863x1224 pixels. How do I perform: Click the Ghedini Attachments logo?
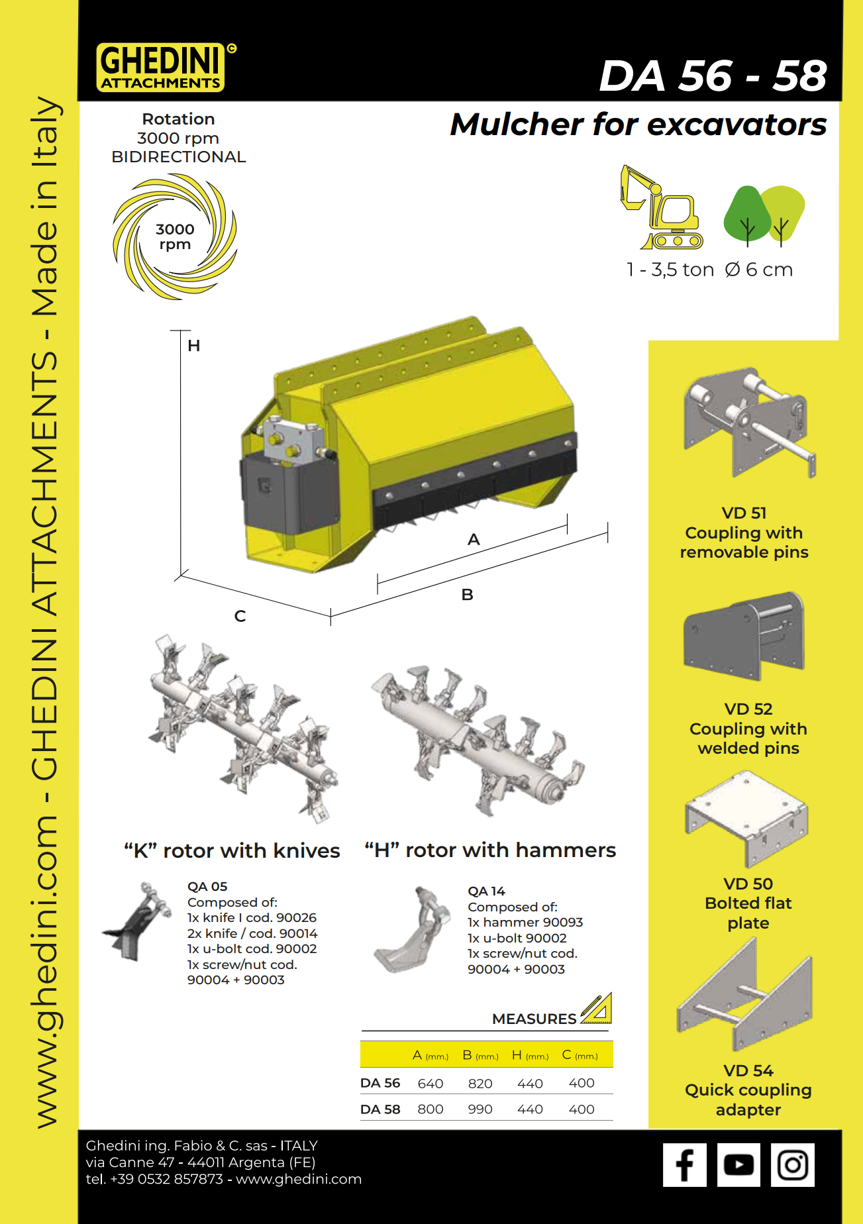(161, 68)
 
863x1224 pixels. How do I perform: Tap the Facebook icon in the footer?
(685, 1165)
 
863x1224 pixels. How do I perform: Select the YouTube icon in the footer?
(738, 1165)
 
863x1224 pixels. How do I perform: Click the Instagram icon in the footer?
(792, 1165)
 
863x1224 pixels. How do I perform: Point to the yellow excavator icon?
(661, 208)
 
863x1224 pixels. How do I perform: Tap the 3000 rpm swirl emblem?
(175, 237)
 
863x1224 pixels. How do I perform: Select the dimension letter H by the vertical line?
(193, 346)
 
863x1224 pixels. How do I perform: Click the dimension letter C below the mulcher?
(240, 617)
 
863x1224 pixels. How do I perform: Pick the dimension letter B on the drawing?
(468, 595)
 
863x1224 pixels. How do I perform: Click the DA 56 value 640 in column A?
(431, 1084)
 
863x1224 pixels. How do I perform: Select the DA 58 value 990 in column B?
(480, 1109)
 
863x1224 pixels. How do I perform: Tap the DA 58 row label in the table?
(380, 1109)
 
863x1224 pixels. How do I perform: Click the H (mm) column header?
(530, 1055)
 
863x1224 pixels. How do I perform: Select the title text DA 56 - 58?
(713, 76)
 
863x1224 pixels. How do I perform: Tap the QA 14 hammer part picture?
(411, 931)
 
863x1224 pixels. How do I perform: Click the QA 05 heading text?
(207, 887)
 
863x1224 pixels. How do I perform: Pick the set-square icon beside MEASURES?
(597, 1009)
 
